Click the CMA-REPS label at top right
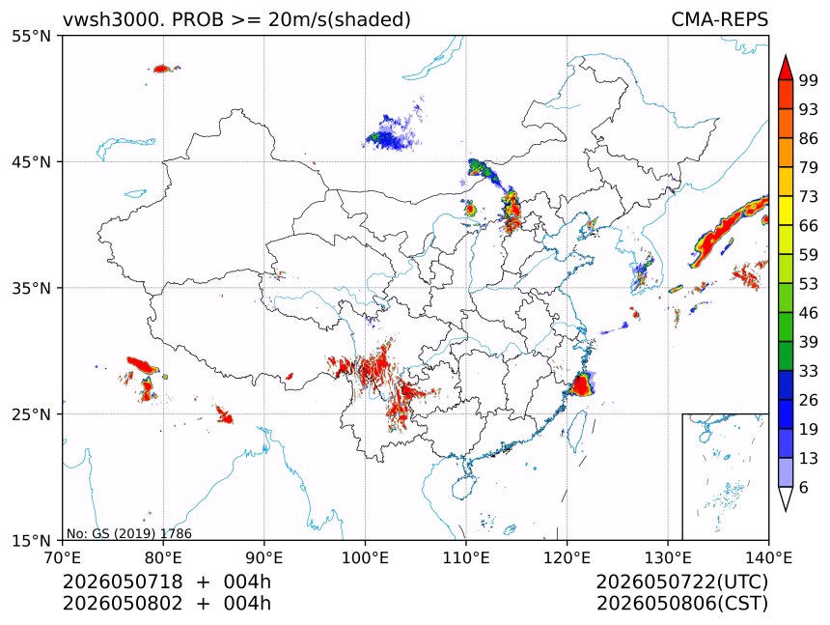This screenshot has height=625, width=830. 719,19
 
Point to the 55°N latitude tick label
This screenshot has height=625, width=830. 31,36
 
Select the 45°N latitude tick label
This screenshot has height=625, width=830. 31,161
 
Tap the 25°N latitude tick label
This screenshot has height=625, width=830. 31,413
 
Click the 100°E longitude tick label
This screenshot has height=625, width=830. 365,557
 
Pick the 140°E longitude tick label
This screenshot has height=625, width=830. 768,557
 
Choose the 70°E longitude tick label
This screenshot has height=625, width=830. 63,557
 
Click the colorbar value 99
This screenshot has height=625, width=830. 809,80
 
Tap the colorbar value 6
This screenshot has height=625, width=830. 804,487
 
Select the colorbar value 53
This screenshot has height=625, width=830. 809,284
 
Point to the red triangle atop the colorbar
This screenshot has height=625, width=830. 786,67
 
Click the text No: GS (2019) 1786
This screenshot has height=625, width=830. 129,533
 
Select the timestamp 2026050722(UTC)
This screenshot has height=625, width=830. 681,582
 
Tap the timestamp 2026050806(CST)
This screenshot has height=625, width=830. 681,604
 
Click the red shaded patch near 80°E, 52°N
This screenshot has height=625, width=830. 161,69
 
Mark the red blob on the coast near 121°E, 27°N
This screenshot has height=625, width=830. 582,384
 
